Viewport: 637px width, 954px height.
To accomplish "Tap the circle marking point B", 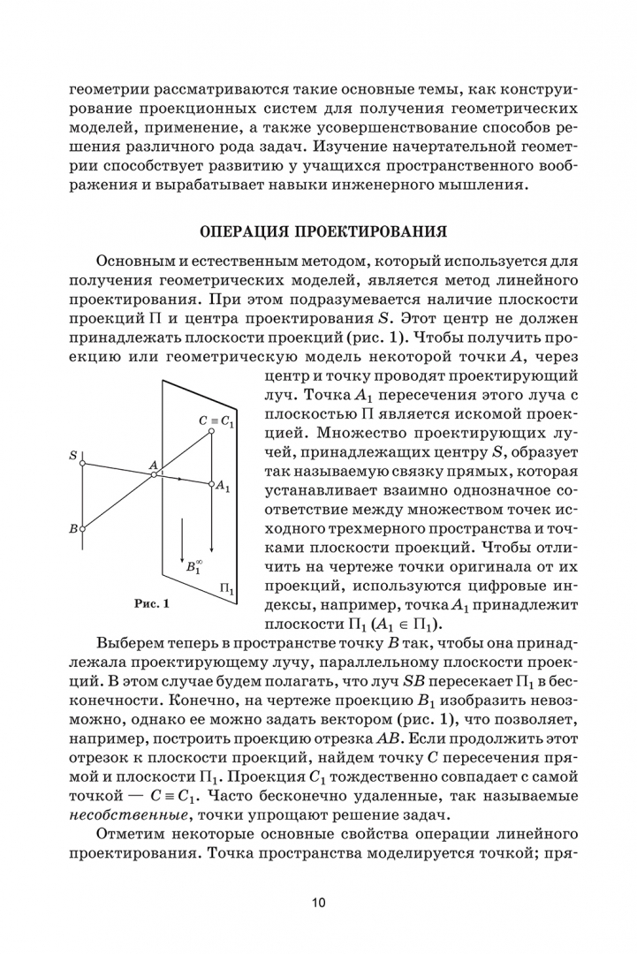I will coord(82,529).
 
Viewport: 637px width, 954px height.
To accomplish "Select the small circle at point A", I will coord(153,474).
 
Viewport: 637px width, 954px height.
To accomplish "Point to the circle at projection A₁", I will coord(212,483).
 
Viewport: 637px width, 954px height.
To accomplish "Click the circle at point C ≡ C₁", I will coord(212,432).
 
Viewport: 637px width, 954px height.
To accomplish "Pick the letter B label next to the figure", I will coord(72,529).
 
